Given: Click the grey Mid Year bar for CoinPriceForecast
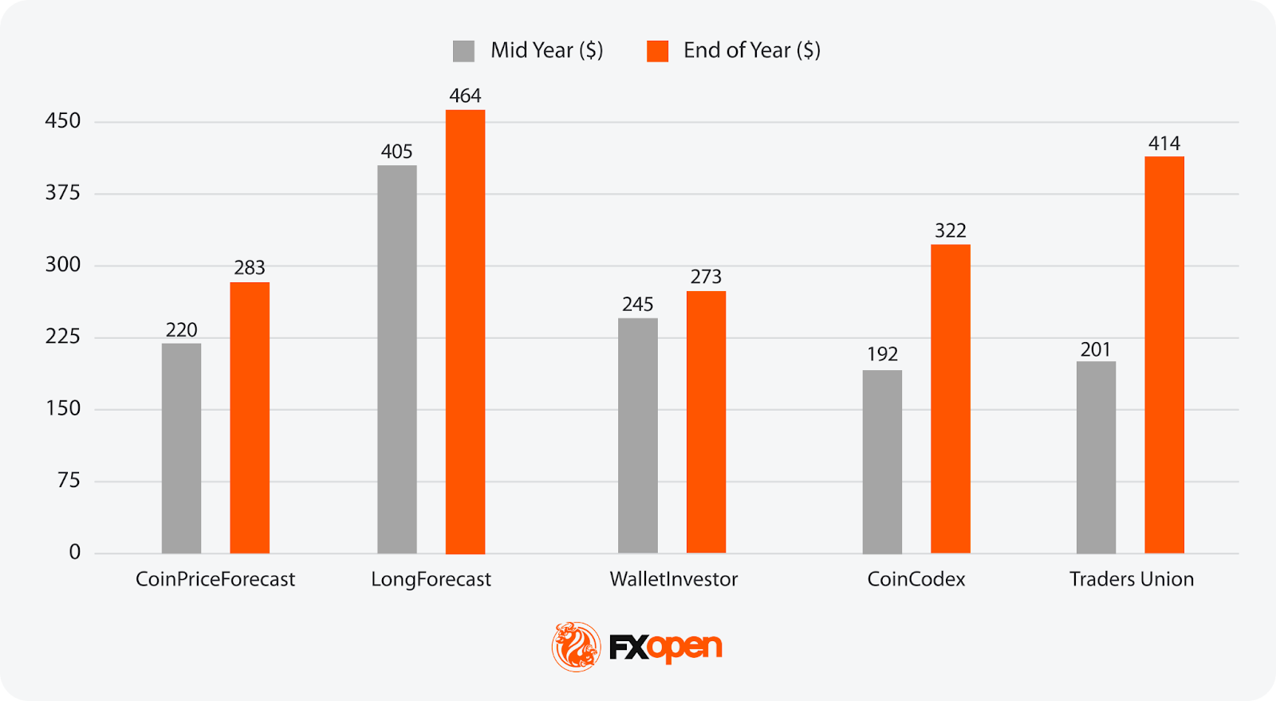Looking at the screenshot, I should click(181, 448).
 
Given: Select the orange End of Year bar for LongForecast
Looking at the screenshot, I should click(465, 332).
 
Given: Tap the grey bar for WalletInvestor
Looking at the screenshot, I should click(638, 435).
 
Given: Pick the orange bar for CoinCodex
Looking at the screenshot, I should click(951, 399).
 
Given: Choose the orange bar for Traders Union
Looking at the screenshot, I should click(1164, 355).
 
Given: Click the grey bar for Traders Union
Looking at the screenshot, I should click(1096, 457).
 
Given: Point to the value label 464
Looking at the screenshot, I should click(465, 96).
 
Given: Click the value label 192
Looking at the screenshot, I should click(882, 354).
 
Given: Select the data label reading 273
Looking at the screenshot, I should click(706, 277).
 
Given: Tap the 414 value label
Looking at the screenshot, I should click(1164, 144).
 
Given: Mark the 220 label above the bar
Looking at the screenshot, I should click(181, 330).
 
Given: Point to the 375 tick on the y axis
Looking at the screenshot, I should click(63, 193).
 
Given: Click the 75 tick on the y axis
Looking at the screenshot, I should click(69, 480).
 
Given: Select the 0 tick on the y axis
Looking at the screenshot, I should click(75, 552).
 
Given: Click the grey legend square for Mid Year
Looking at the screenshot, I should click(463, 51).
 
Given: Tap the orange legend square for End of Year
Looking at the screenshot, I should click(657, 51).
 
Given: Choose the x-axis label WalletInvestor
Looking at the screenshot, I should click(674, 579).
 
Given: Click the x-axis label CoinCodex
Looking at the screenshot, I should click(916, 579).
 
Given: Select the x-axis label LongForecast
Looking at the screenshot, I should click(431, 579).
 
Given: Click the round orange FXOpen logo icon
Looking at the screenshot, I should click(576, 647).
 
